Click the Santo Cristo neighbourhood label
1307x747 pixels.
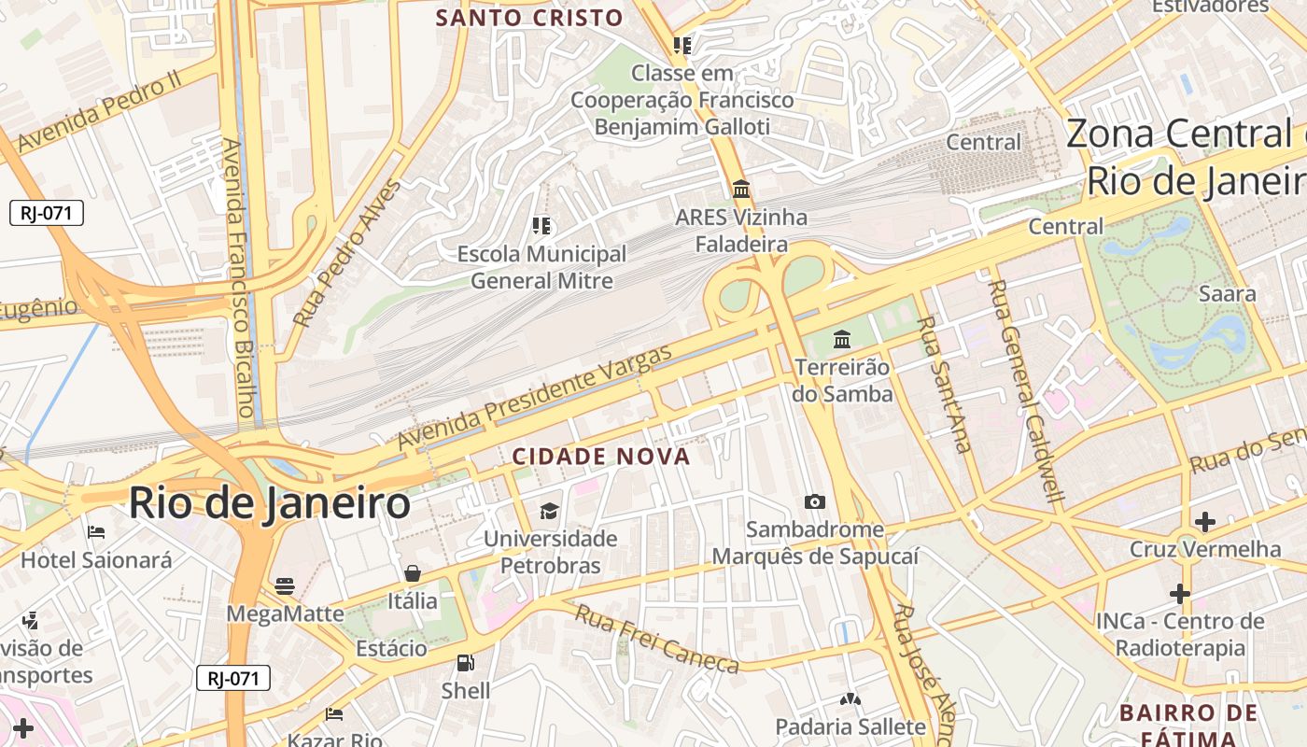tap(529, 17)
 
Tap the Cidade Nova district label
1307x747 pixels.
tap(601, 457)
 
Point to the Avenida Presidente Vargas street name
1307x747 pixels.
tap(535, 398)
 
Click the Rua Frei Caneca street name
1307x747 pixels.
tap(656, 639)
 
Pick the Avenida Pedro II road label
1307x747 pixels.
tap(98, 112)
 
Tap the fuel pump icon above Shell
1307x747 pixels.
tap(465, 664)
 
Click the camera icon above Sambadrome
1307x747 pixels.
tap(815, 502)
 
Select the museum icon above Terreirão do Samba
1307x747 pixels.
tap(842, 339)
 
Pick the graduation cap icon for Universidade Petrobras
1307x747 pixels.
tap(549, 511)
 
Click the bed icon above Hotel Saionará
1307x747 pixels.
tap(96, 533)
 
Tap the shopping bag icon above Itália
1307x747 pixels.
tap(413, 573)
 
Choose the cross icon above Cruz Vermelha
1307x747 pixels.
tap(1205, 521)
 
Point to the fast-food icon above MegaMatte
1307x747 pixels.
tap(285, 586)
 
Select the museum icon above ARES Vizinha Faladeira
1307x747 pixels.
tap(741, 190)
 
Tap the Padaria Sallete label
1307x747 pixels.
tap(850, 726)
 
